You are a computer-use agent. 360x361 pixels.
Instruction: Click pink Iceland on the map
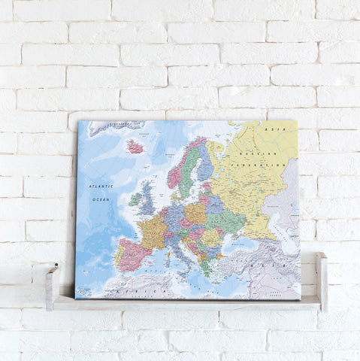pyautogui.click(x=135, y=147)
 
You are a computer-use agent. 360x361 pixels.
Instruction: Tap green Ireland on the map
pyautogui.click(x=135, y=201)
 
